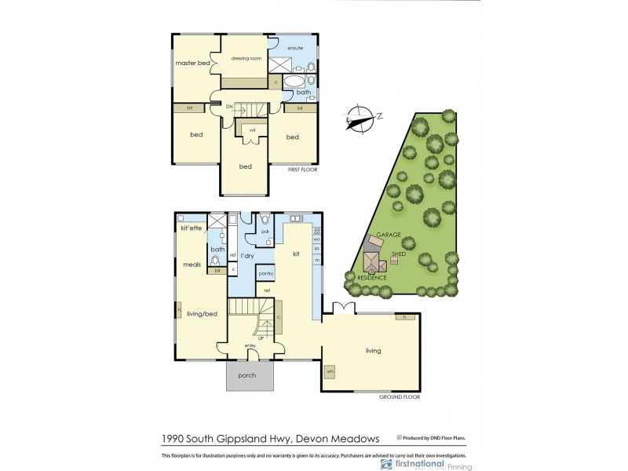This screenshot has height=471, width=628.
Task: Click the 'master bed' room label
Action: click(192, 63)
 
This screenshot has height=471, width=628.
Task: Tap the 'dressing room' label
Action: click(246, 58)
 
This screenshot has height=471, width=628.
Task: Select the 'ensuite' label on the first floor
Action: click(295, 49)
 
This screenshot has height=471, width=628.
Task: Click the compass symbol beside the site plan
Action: click(360, 119)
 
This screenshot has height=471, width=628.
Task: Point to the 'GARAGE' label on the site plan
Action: click(389, 235)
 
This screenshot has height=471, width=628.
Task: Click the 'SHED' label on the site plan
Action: click(399, 254)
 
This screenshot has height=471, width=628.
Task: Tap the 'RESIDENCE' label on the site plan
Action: click(372, 278)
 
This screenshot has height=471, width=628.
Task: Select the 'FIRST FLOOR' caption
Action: click(301, 169)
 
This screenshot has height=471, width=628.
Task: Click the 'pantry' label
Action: click(265, 272)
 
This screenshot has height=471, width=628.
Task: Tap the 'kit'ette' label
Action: click(192, 228)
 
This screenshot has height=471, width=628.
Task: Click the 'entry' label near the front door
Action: click(250, 345)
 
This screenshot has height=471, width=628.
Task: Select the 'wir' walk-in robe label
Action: click(252, 130)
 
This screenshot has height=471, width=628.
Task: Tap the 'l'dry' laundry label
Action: click(247, 256)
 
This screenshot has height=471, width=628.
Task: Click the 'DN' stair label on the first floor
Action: click(230, 106)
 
